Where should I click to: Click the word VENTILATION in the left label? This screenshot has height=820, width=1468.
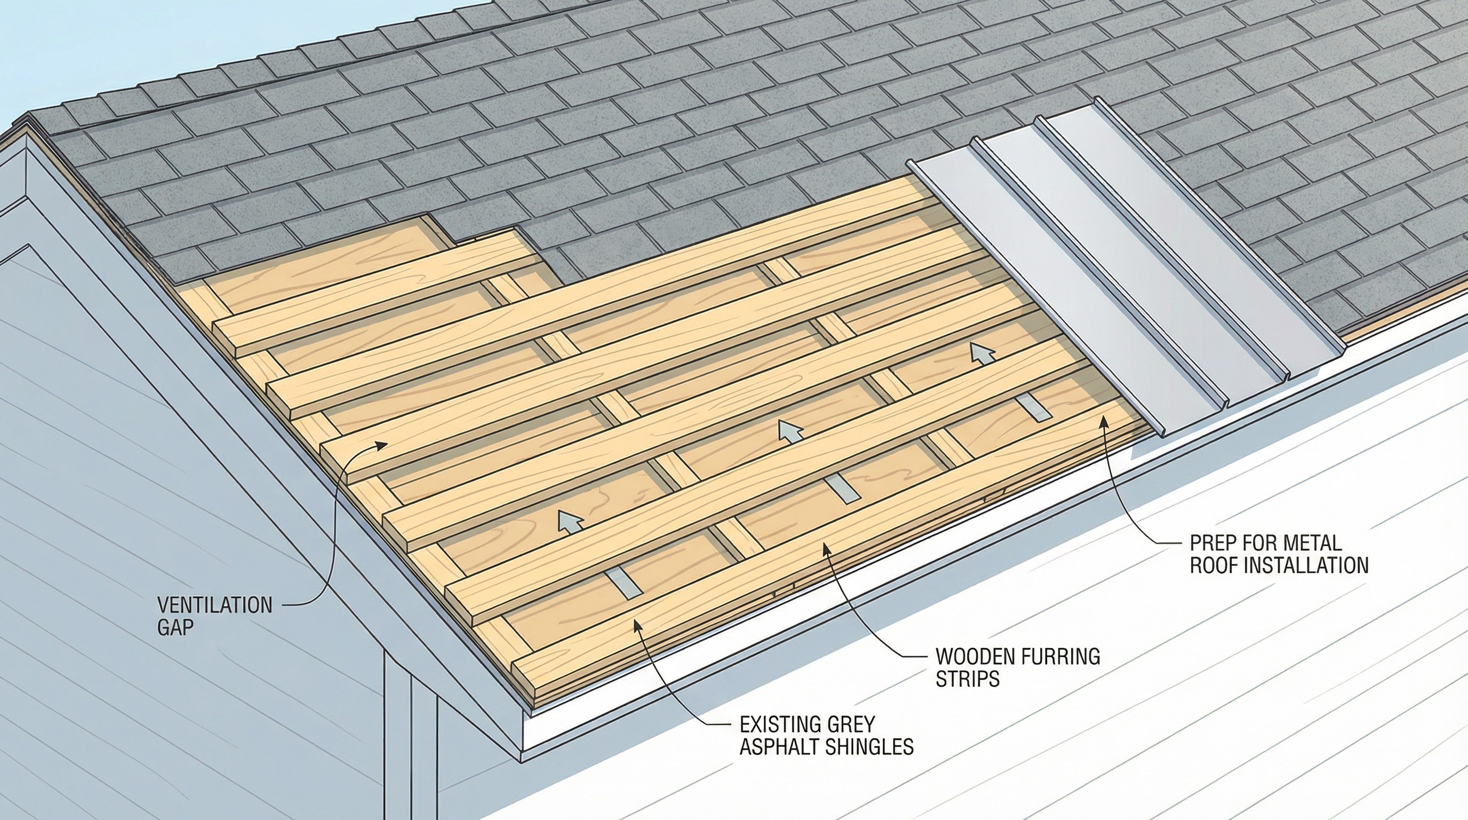coord(214,605)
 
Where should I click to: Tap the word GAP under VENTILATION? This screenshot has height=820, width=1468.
coord(175,627)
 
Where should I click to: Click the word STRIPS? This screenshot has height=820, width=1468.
coord(967,679)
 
